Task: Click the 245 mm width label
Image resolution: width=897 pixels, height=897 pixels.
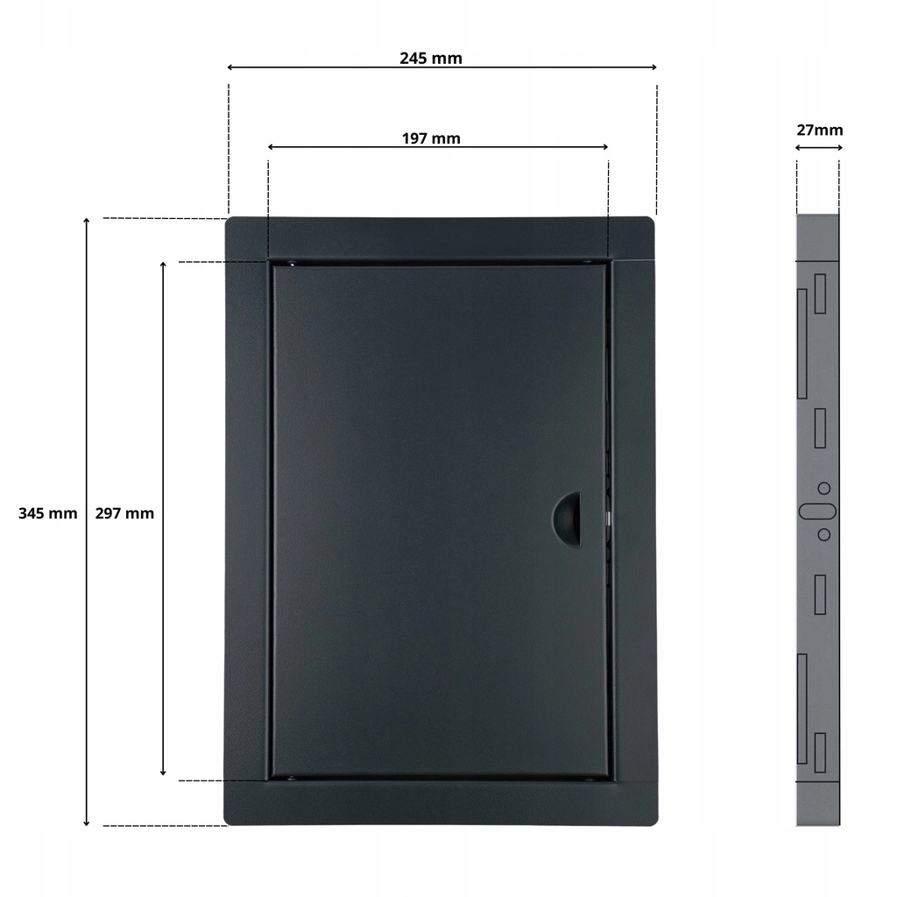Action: [x=431, y=59]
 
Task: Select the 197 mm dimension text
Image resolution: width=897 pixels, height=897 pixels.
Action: [x=431, y=138]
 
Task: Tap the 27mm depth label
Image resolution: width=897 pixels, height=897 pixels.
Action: [x=820, y=131]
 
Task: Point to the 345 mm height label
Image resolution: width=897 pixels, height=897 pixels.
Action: [x=47, y=513]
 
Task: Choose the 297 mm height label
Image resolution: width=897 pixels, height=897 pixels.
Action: [x=124, y=513]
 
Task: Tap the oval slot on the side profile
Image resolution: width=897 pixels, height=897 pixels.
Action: [x=818, y=512]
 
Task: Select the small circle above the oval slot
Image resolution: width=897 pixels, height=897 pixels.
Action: [x=824, y=489]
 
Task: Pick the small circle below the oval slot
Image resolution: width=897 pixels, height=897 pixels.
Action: [x=824, y=534]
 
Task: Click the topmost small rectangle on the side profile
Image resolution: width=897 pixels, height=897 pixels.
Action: [x=820, y=293]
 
